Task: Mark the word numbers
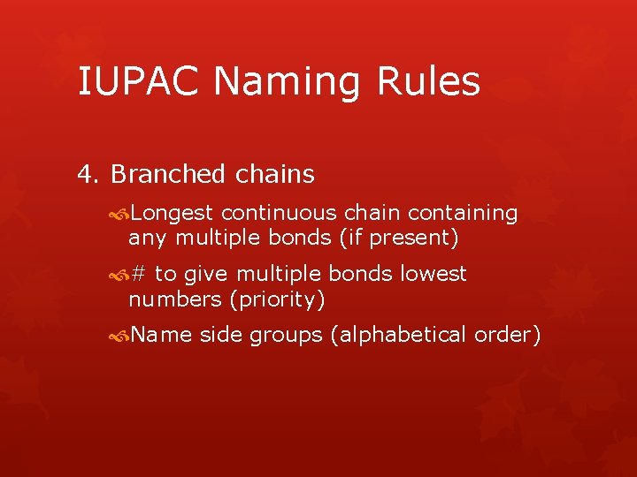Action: (175, 299)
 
